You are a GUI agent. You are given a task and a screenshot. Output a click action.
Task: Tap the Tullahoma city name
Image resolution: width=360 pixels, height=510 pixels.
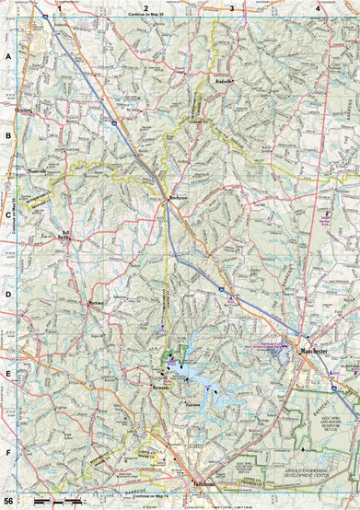(x=203, y=483)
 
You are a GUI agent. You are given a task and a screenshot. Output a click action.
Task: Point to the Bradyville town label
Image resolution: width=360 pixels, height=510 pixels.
(x=241, y=80)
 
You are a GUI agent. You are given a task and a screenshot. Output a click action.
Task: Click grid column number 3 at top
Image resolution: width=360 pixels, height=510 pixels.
(x=231, y=8)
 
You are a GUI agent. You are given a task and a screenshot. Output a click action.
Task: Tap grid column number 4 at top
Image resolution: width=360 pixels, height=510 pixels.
(x=318, y=8)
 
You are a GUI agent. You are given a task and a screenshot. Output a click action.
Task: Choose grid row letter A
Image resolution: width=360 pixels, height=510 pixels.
(x=8, y=57)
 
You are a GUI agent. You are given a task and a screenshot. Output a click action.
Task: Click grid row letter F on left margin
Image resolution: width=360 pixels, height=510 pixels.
(x=8, y=453)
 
